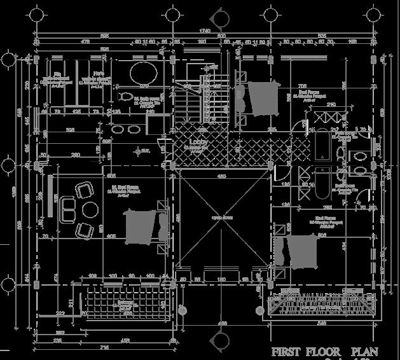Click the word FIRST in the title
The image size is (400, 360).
tap(289, 352)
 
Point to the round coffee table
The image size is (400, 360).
tap(89, 209)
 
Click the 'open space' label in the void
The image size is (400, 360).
tap(222, 218)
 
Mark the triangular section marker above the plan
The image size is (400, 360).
tap(223, 13)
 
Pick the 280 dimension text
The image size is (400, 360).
tap(76, 155)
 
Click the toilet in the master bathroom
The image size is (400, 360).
tap(124, 97)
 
